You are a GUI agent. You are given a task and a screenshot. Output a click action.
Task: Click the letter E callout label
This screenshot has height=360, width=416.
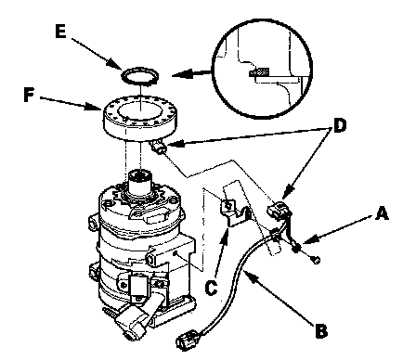tap(60, 32)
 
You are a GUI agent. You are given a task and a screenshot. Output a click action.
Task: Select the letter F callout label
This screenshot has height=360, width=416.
tap(29, 95)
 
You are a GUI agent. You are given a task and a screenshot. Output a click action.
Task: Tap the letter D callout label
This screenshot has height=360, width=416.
tap(340, 126)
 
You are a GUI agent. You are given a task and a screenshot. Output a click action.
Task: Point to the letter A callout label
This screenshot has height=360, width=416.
tap(382, 213)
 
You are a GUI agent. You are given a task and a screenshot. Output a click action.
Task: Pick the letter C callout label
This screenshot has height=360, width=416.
tap(212, 288)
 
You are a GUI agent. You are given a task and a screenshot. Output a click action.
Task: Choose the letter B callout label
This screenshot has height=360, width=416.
tap(321, 330)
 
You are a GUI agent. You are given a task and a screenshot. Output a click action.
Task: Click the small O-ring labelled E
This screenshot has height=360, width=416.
tap(140, 76)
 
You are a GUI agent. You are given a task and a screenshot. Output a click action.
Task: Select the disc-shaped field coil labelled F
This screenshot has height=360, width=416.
tap(140, 118)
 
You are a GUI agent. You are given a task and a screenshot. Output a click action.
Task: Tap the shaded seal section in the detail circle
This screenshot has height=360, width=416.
tap(259, 72)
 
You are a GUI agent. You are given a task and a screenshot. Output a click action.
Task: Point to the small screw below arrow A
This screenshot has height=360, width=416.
tap(316, 260)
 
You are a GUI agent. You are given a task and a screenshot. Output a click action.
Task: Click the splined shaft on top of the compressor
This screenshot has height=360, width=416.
tap(140, 182)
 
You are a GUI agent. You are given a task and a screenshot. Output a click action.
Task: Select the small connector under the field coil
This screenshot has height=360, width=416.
tap(159, 148)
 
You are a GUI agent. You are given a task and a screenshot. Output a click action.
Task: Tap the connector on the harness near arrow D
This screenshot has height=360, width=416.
tap(279, 211)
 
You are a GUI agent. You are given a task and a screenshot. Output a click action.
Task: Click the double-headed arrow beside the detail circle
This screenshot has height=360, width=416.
tap(192, 74)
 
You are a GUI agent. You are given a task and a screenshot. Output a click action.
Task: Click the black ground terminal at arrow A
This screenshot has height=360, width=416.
tap(296, 247)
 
